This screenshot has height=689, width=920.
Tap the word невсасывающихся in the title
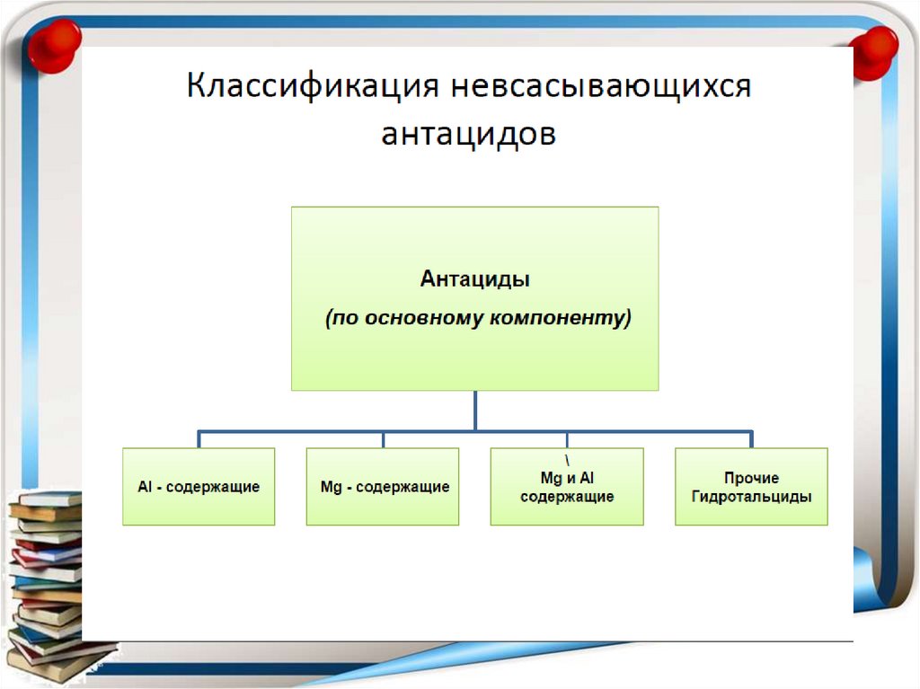(x=600, y=89)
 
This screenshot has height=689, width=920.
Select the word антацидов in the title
(x=468, y=135)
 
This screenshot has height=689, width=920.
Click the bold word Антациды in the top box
(x=474, y=279)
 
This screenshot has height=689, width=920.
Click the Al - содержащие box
(x=199, y=486)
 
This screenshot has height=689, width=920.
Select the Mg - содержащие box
(x=383, y=486)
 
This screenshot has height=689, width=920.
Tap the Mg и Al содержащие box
(x=567, y=486)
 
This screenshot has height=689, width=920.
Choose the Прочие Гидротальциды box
(x=751, y=486)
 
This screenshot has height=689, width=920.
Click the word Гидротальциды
(x=751, y=497)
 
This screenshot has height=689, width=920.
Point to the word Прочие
(x=751, y=478)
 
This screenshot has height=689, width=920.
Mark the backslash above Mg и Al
(x=567, y=441)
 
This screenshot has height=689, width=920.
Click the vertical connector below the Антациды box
(x=475, y=411)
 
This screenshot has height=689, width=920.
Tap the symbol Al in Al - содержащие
(x=146, y=487)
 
